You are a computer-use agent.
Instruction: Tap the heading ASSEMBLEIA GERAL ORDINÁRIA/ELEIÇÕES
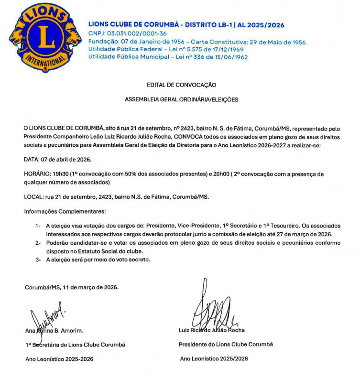pyautogui.click(x=181, y=100)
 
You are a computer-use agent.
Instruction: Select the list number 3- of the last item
pyautogui.click(x=38, y=260)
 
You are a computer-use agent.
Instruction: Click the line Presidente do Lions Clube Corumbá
pyautogui.click(x=226, y=344)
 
